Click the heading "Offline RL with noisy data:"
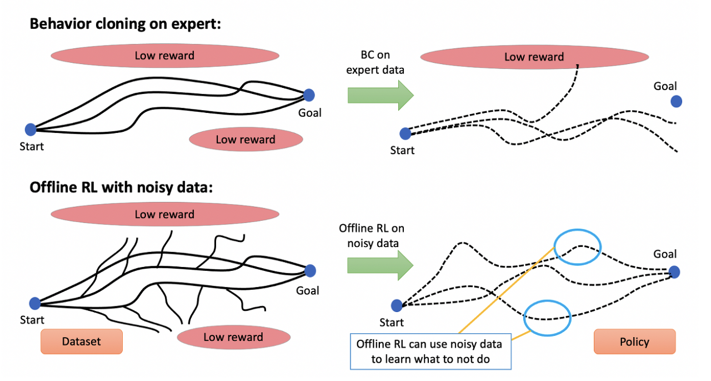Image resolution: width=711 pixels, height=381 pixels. click(121, 187)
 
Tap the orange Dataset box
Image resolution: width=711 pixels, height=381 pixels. click(81, 342)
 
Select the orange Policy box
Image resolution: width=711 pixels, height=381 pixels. click(634, 342)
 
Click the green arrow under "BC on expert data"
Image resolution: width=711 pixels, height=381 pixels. click(380, 95)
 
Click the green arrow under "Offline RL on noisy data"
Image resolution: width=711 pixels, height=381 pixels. click(380, 265)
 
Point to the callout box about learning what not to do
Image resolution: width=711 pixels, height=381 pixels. click(430, 351)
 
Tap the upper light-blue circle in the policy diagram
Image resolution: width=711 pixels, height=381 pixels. click(578, 247)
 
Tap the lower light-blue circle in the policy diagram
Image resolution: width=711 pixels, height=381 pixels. click(548, 317)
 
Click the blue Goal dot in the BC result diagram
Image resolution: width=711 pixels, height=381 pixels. click(676, 101)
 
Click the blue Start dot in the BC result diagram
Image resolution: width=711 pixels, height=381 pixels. click(405, 133)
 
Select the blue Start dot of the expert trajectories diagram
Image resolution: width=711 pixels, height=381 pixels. click(31, 130)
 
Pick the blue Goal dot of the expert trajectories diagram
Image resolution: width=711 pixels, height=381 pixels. click(309, 95)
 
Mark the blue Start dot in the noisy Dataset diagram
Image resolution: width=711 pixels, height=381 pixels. click(35, 303)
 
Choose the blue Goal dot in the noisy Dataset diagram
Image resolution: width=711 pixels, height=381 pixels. click(310, 271)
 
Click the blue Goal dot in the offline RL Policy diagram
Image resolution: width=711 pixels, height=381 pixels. click(674, 272)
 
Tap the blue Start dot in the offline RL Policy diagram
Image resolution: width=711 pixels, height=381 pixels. click(397, 305)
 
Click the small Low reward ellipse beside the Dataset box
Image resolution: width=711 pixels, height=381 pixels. click(233, 337)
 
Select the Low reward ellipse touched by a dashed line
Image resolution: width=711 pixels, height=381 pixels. click(534, 56)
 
